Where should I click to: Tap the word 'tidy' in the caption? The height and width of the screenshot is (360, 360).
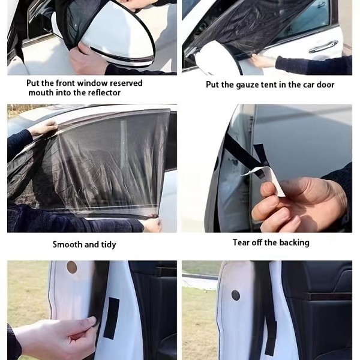tap(109, 245)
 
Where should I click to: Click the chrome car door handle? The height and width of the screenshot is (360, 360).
tap(324, 47)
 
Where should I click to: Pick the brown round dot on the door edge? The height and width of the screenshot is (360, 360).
tap(71, 267)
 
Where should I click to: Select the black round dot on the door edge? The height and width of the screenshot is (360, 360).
tap(236, 295)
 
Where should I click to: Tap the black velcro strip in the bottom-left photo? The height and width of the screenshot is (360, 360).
tap(112, 318)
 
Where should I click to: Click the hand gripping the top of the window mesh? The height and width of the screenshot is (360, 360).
tap(44, 128)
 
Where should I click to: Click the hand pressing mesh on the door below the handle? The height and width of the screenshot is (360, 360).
tap(264, 61)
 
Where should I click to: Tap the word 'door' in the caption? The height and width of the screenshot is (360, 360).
tap(326, 85)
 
